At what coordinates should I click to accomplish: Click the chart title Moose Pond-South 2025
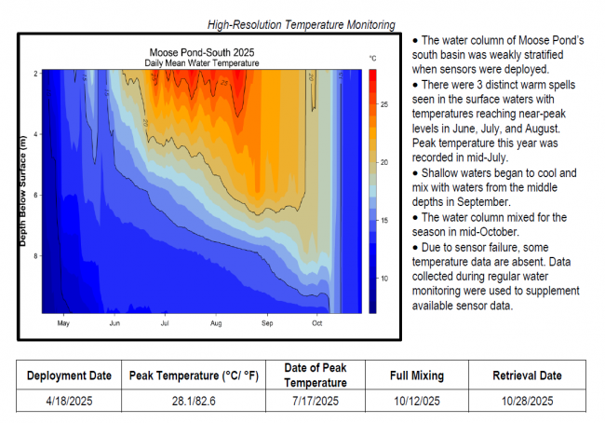(x=202, y=52)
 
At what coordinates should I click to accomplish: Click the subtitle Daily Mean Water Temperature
(x=202, y=62)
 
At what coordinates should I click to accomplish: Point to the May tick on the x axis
(x=63, y=324)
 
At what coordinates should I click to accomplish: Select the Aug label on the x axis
(x=216, y=324)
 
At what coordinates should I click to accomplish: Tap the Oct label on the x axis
(x=317, y=324)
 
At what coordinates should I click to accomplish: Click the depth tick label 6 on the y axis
(x=35, y=195)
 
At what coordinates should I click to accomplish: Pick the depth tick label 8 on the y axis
(x=35, y=255)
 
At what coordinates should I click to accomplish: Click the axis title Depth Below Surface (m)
(x=21, y=192)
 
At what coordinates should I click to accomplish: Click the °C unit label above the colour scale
(x=373, y=59)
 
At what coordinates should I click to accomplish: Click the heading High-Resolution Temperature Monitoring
(x=302, y=24)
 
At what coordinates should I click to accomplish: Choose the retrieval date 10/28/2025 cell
(x=527, y=401)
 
